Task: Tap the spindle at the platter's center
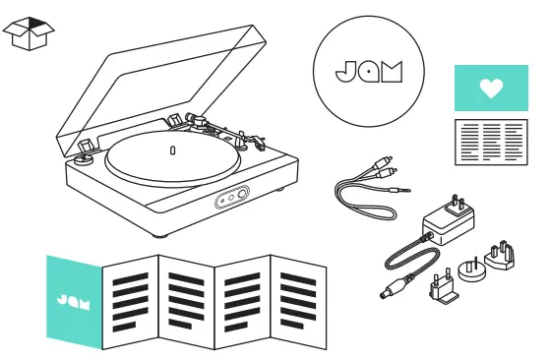tap(172, 150)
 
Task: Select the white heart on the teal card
tap(490, 89)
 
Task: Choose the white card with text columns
tap(490, 142)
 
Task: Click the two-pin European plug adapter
tap(439, 288)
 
